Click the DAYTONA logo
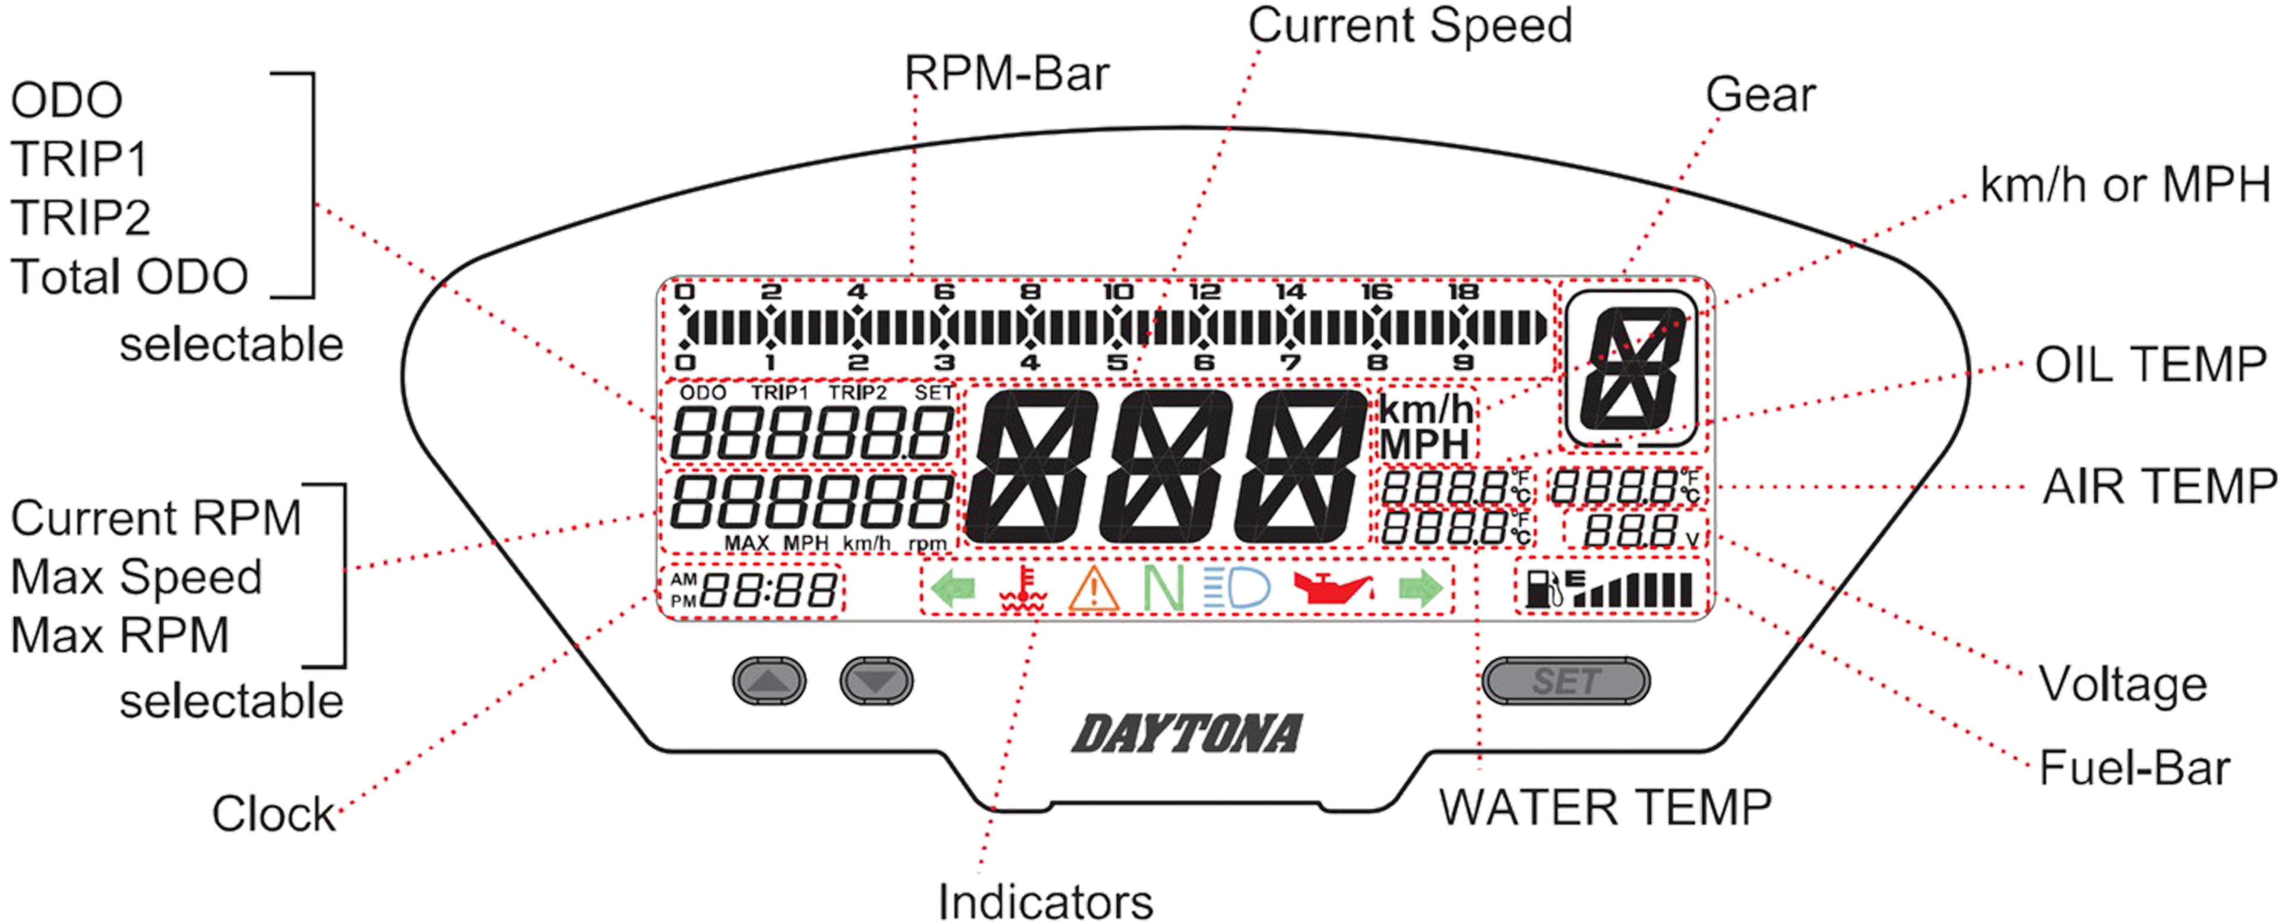[1188, 734]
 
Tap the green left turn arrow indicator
[954, 588]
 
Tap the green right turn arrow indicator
[1421, 588]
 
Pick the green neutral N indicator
[1163, 588]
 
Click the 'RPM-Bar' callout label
[1006, 74]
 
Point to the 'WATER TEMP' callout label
[1604, 808]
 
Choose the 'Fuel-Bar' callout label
[2133, 768]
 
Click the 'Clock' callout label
[273, 813]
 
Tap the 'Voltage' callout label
[2122, 684]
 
